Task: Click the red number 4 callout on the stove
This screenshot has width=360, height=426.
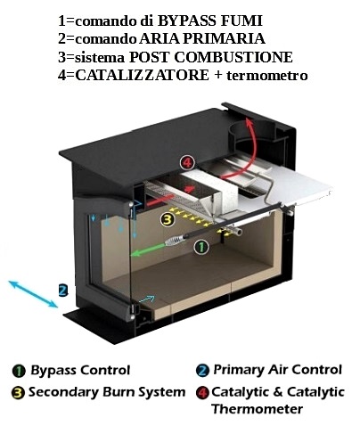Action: (188, 163)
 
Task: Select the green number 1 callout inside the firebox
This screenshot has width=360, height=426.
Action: (201, 247)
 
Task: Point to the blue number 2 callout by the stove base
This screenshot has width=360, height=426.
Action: (63, 291)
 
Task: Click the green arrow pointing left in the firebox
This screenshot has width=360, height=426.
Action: (147, 250)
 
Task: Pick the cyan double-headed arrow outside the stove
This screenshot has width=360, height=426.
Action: (33, 294)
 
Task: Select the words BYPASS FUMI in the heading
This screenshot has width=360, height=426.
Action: (210, 20)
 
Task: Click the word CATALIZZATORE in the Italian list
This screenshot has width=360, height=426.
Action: (142, 75)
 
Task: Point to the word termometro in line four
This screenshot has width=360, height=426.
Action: (267, 76)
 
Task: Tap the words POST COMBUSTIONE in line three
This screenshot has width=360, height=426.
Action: (211, 57)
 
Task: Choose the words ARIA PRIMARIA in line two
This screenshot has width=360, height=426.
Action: (202, 39)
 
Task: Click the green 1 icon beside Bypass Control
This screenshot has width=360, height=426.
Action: (19, 371)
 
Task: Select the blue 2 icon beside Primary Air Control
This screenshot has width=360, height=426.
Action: (202, 371)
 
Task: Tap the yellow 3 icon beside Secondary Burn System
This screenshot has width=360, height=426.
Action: (18, 393)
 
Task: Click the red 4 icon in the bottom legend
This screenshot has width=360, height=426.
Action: (202, 393)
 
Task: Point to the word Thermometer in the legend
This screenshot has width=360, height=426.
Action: (258, 409)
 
